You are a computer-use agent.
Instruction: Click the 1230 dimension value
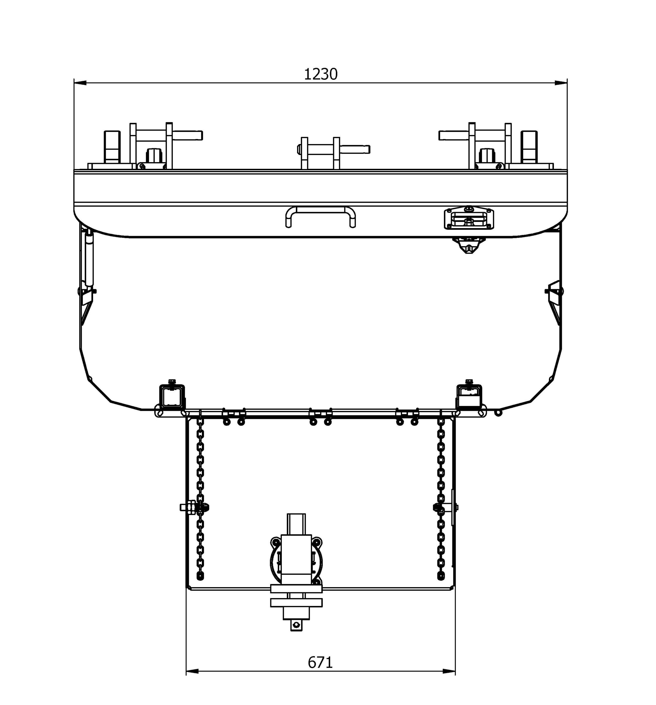[320, 74]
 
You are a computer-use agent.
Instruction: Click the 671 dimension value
[320, 662]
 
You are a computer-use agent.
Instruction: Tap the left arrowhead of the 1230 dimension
[80, 83]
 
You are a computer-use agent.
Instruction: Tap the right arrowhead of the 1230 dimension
[561, 83]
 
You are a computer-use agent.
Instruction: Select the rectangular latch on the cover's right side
[469, 218]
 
